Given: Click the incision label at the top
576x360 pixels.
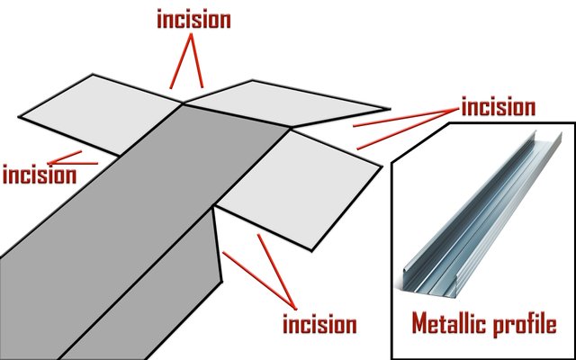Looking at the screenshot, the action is coord(193,20).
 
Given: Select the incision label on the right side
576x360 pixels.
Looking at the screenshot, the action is coord(498,107).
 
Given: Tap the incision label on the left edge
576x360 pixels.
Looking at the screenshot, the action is coord(40,175).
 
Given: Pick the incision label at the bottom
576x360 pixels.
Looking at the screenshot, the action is coord(319,324).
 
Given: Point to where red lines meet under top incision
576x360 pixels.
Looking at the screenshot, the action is coord(192,34).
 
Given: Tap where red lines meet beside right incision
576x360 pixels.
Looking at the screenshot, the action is coord(457,109).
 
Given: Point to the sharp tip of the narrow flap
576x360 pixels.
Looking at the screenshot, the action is coord(390,109).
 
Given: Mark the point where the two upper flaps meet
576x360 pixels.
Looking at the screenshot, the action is coord(183,103).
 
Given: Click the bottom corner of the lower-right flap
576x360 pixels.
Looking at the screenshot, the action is coord(311,251).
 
